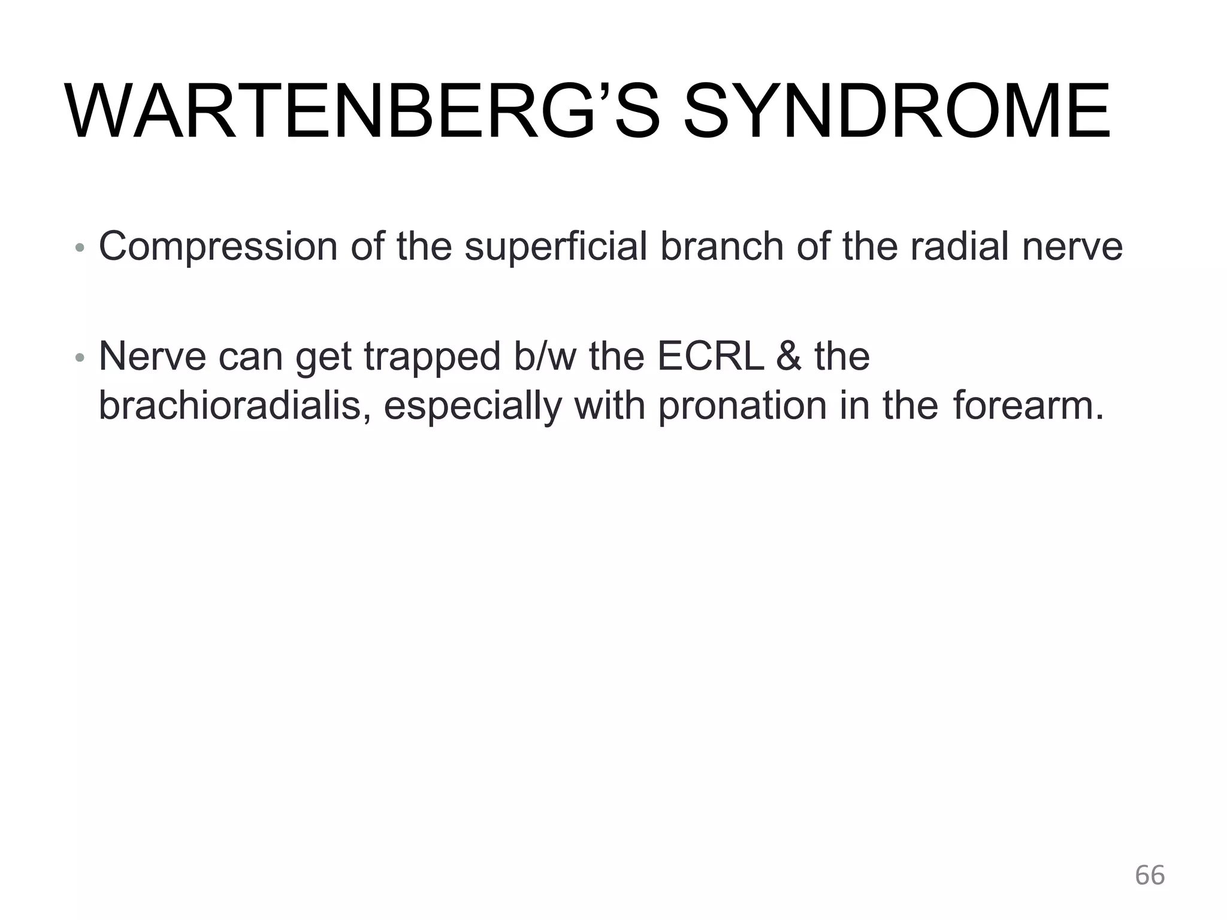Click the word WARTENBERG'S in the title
click(363, 112)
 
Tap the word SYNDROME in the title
click(896, 112)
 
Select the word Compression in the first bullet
click(218, 247)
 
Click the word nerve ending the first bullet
click(1072, 247)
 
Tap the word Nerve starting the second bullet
click(153, 356)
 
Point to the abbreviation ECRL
click(711, 356)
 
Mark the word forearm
click(1027, 405)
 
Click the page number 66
click(1150, 876)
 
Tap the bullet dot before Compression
click(80, 248)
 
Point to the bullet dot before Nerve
click(80, 358)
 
